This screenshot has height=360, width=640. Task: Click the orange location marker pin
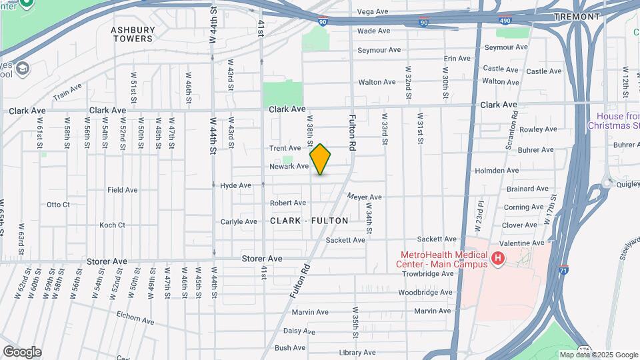coord(321,159)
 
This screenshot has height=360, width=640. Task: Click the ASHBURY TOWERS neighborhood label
coord(133,34)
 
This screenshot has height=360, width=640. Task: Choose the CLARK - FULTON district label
coord(309,220)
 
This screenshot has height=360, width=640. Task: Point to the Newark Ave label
coord(289,166)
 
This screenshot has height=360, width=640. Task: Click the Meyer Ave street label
coord(365,197)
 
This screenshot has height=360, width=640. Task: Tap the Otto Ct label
coord(58,204)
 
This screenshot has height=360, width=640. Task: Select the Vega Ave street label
coord(373,11)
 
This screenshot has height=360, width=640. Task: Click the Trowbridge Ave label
coord(426,274)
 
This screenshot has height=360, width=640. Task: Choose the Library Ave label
coord(357,353)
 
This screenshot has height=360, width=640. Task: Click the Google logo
coord(22,352)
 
